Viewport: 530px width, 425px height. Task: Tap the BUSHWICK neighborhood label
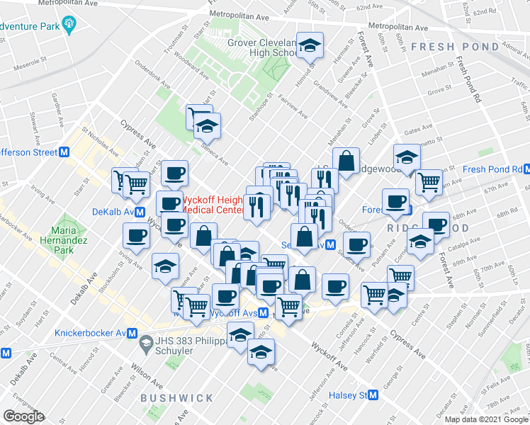(171, 398)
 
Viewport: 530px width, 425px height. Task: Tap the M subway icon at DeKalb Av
(140, 211)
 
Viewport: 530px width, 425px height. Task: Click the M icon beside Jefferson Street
(64, 152)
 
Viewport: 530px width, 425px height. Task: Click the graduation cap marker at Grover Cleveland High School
(310, 47)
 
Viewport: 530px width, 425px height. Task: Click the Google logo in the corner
(23, 416)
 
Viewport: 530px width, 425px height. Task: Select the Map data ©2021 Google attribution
(486, 419)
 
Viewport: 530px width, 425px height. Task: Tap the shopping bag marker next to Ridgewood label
(346, 162)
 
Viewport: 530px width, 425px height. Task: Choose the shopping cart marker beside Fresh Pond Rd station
(429, 182)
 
